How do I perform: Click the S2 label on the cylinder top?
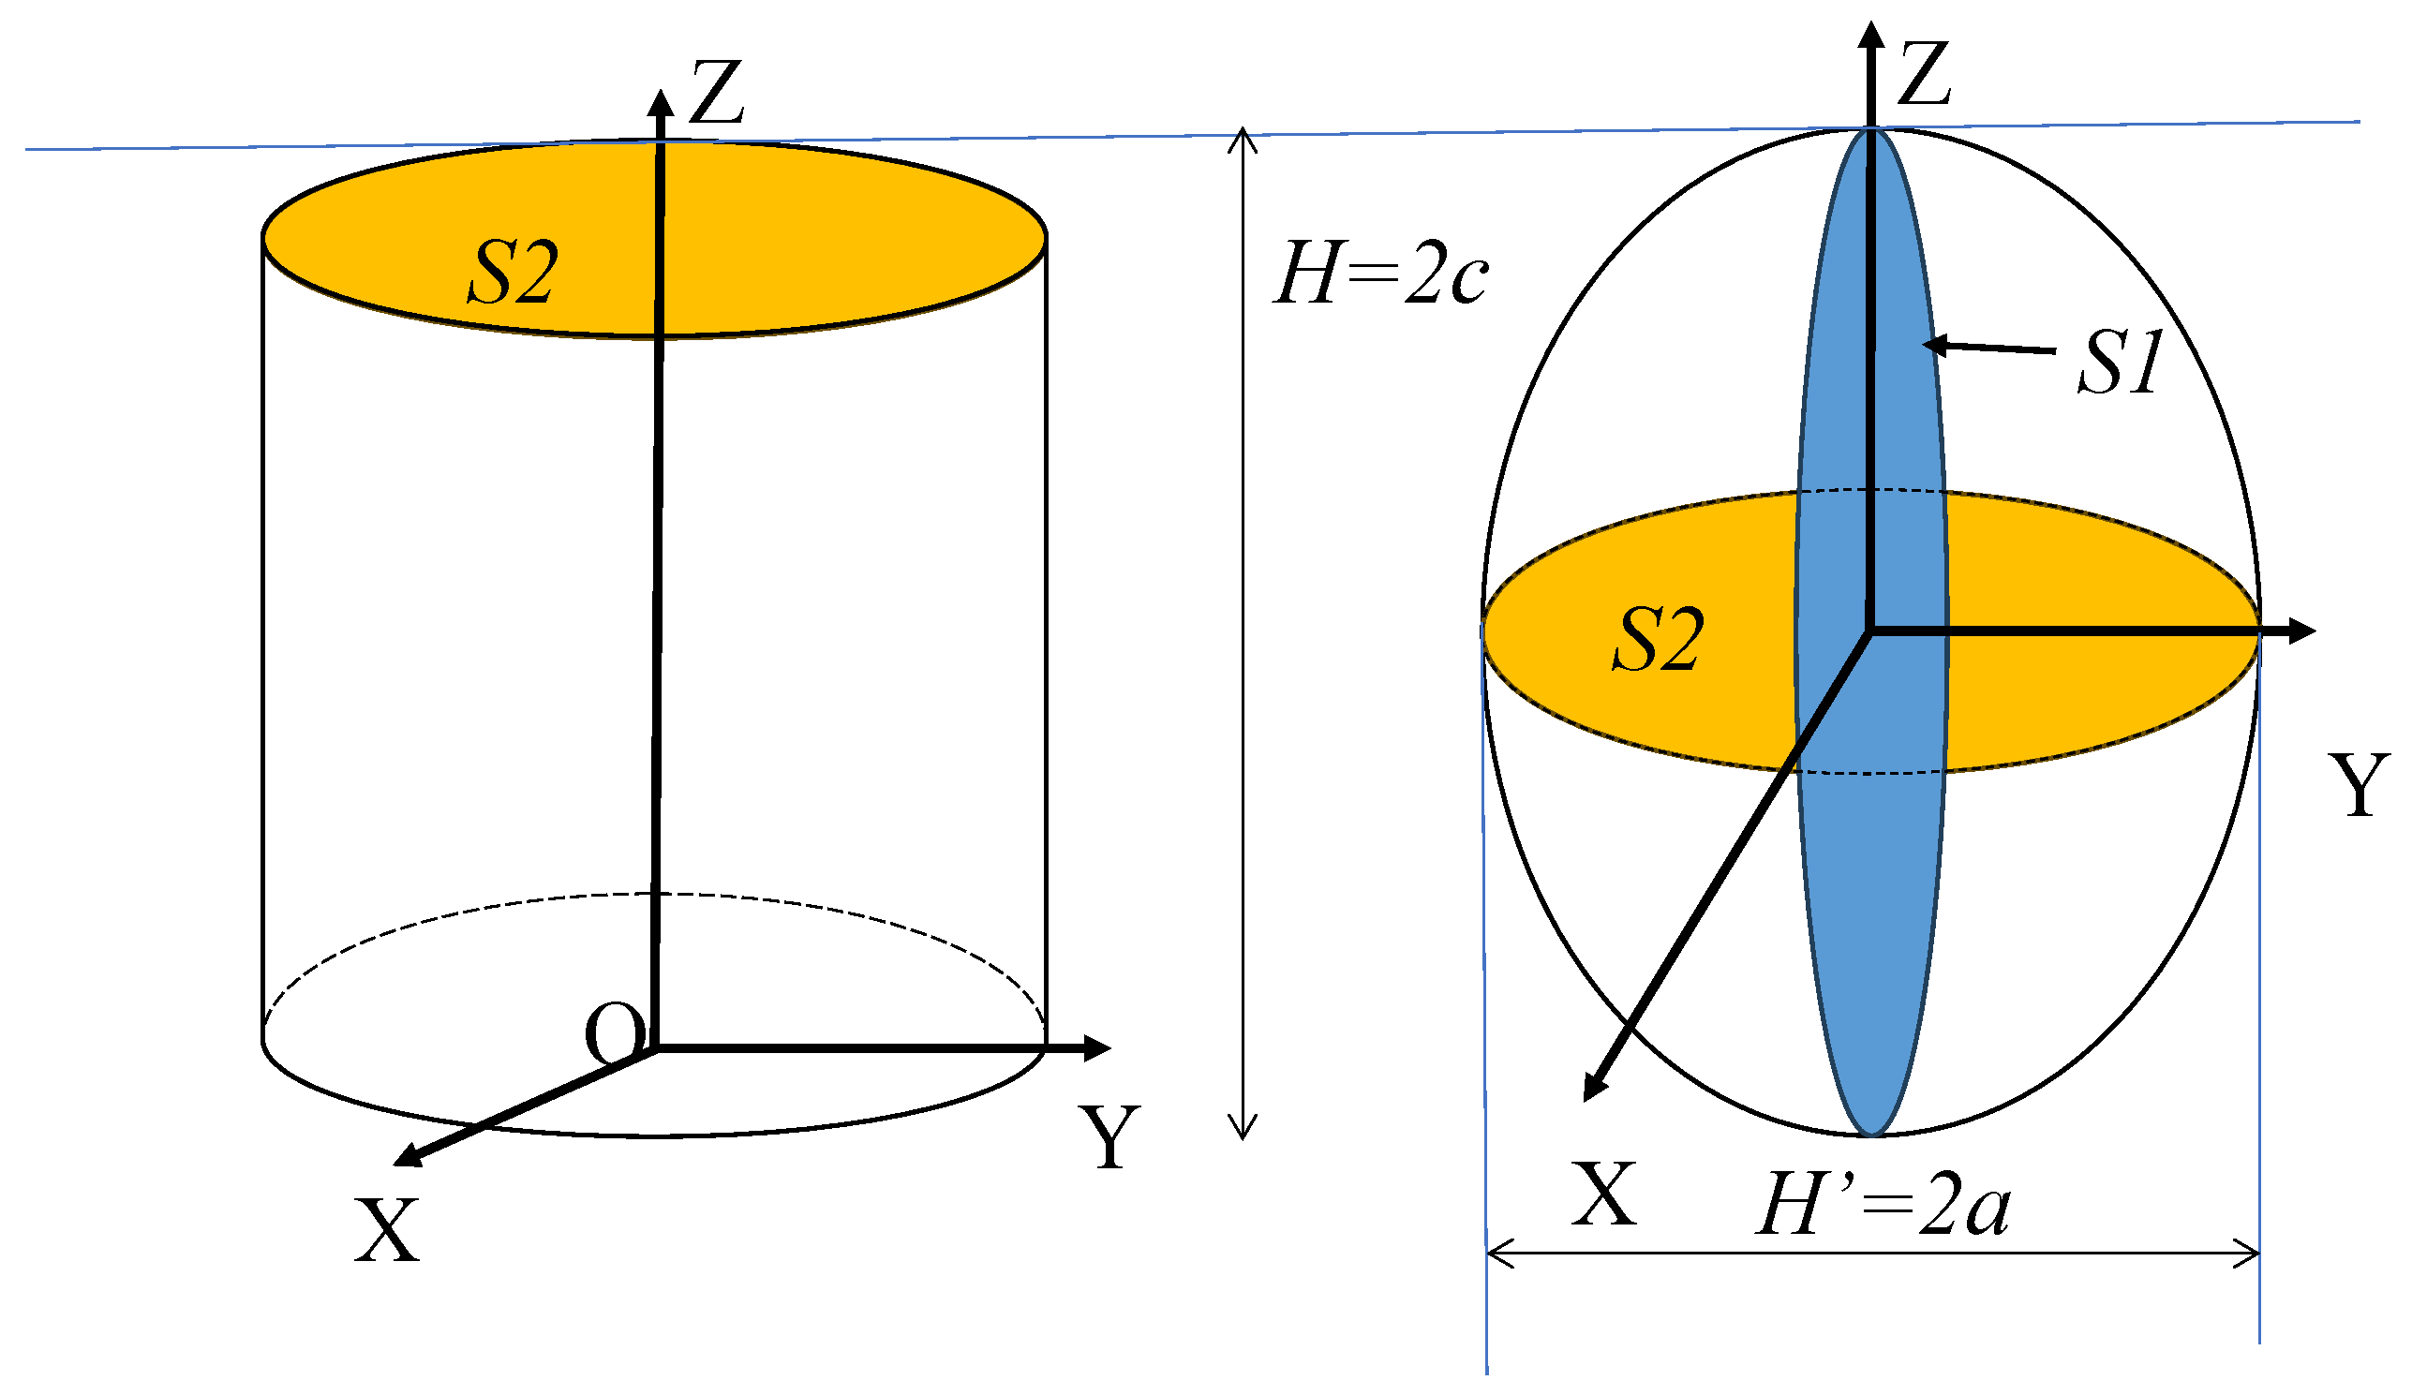point(512,273)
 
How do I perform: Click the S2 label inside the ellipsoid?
point(1658,639)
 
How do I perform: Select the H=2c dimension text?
point(1380,275)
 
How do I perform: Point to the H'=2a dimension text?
point(1883,1205)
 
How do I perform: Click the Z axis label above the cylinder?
point(716,93)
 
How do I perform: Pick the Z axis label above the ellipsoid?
point(1923,74)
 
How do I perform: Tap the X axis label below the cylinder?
point(387,1230)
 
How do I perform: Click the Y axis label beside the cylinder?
point(1109,1136)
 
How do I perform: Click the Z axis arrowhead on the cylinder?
point(661,103)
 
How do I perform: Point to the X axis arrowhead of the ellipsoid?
point(1594,1089)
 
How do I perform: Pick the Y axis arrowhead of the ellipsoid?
point(2301,631)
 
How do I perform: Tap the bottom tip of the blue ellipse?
point(1871,1135)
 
